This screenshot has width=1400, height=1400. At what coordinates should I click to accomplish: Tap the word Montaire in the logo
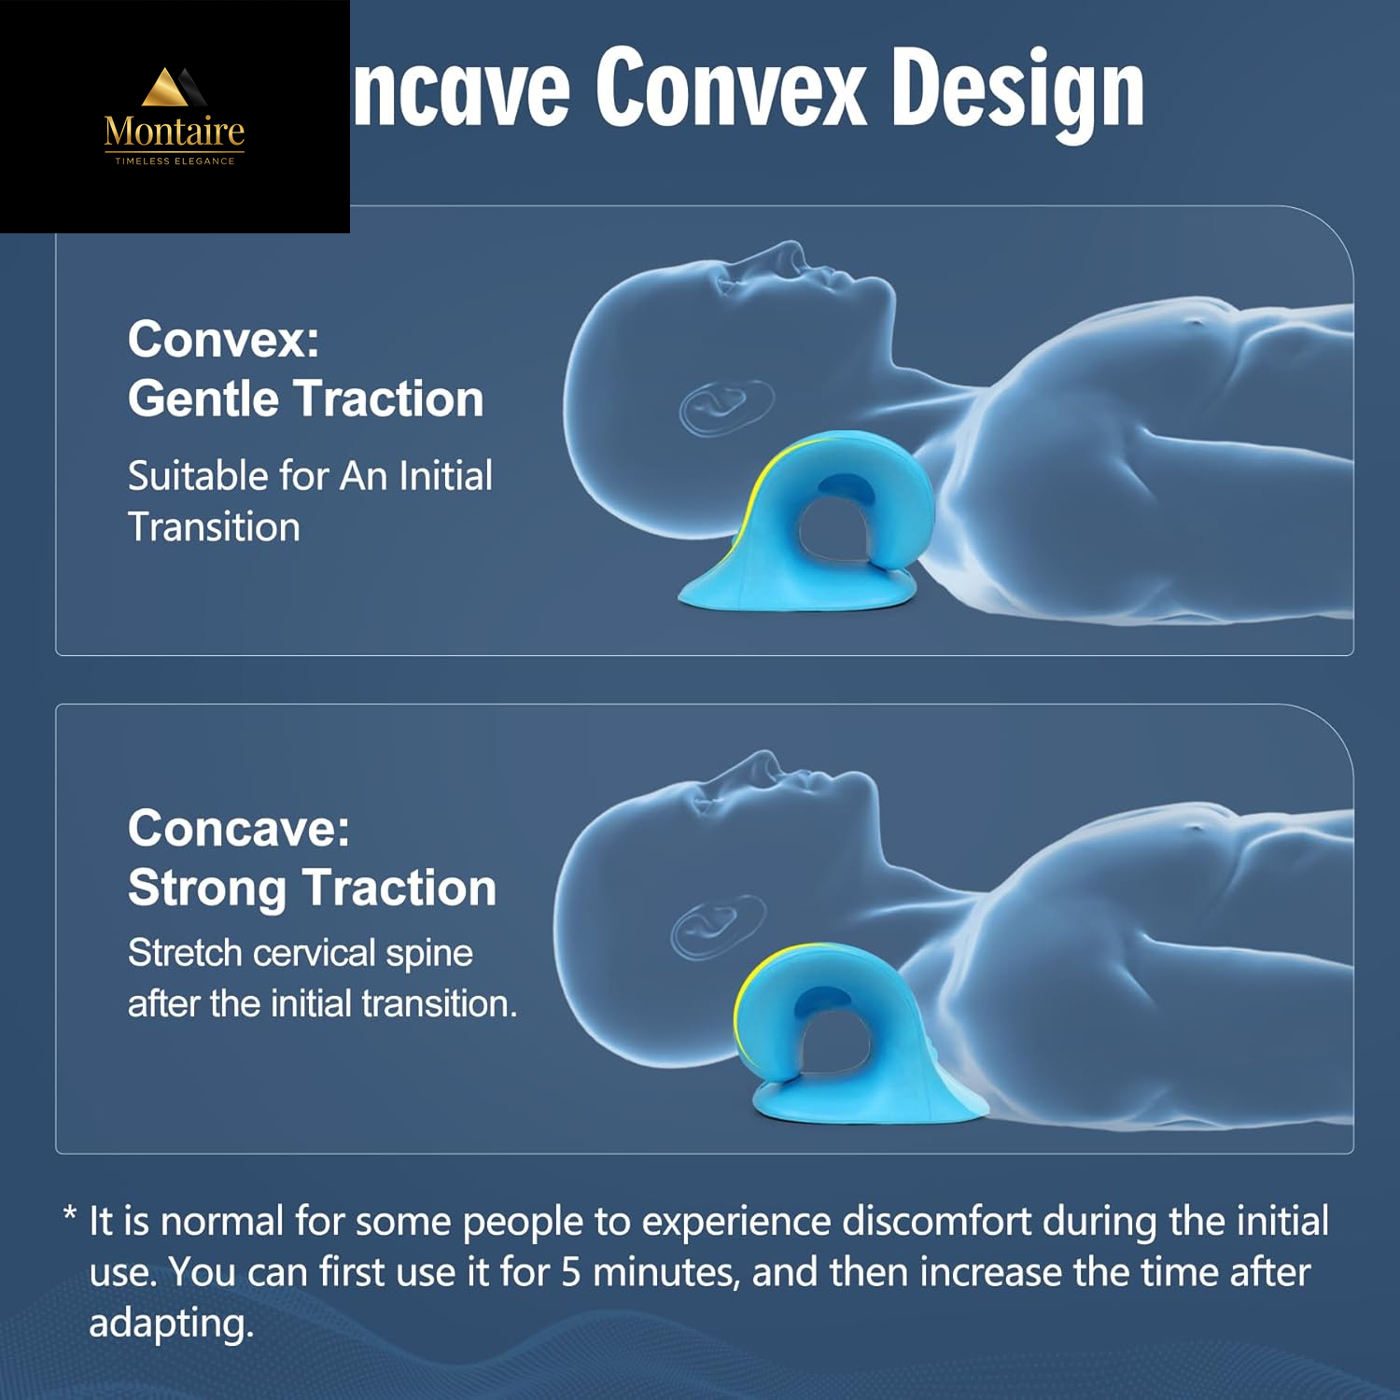[175, 132]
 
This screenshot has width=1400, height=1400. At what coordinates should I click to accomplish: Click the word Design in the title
[1016, 91]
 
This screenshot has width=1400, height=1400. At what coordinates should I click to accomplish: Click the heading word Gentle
[203, 399]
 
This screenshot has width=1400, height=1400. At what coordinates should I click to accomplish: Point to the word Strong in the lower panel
[206, 888]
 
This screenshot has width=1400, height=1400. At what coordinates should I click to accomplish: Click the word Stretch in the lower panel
[185, 953]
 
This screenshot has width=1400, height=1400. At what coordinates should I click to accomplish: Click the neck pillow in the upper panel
[821, 523]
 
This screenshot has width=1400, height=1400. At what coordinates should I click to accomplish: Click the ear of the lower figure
[717, 924]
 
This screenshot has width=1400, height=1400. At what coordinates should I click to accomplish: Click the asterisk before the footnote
[69, 1215]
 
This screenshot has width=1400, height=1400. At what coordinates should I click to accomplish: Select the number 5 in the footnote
[570, 1272]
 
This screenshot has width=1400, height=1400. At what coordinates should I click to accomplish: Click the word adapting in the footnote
[171, 1323]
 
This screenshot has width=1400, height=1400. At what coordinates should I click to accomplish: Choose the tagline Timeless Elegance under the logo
[175, 161]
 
